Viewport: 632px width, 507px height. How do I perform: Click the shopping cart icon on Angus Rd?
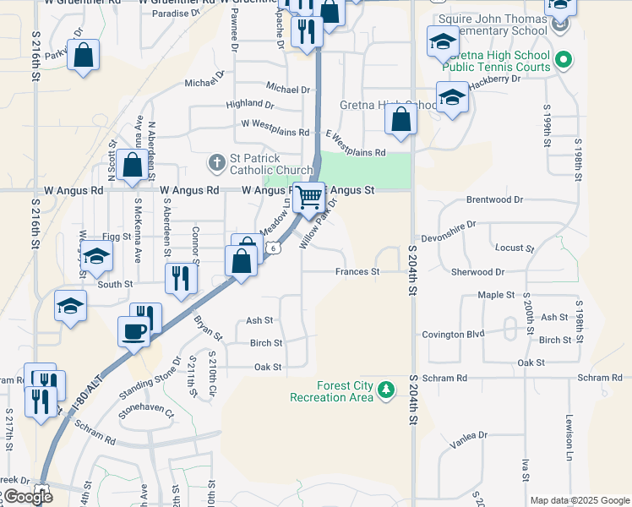(309, 197)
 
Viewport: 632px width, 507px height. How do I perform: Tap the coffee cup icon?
(133, 330)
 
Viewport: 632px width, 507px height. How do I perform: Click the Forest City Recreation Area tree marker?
(386, 389)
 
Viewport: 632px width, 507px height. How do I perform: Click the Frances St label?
(357, 272)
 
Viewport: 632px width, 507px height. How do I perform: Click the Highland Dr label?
(250, 105)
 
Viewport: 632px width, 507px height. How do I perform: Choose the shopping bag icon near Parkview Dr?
(84, 57)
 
